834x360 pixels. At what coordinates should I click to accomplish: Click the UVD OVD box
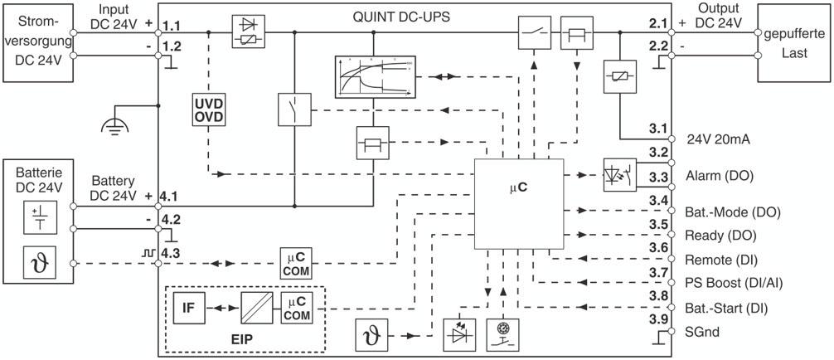[x=208, y=109]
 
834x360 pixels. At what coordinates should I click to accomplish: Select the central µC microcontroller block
[x=518, y=200]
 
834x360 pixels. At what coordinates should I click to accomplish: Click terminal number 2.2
[x=659, y=46]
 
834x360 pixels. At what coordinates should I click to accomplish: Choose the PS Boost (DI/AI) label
[x=735, y=282]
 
